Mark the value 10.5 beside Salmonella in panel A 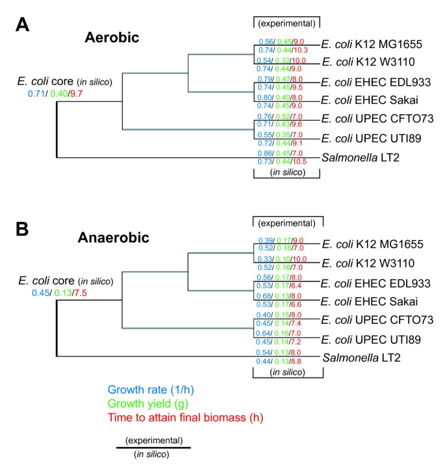(x=299, y=160)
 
